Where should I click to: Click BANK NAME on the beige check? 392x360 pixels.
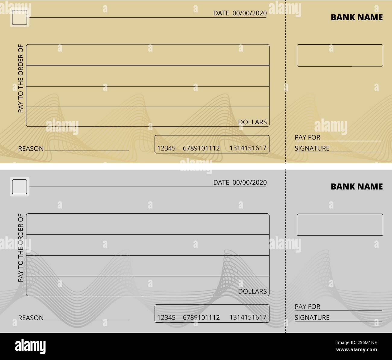click(x=356, y=17)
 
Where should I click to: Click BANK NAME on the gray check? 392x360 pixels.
click(x=356, y=186)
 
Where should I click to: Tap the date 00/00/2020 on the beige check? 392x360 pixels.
click(x=249, y=13)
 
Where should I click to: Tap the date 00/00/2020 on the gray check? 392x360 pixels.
click(x=249, y=182)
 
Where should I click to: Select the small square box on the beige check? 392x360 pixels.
click(x=19, y=18)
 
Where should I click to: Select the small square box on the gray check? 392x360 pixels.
click(x=19, y=187)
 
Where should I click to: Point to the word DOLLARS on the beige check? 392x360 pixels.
click(x=252, y=122)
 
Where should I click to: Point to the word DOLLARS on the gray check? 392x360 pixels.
click(x=252, y=291)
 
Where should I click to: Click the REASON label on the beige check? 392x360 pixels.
click(x=31, y=148)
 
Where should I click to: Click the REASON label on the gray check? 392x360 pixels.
click(x=31, y=318)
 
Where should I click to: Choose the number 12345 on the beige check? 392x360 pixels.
click(x=166, y=148)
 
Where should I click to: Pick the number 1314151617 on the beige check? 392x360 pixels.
click(x=248, y=148)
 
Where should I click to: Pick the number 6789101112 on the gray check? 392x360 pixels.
click(x=201, y=317)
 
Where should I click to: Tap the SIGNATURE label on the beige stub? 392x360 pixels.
click(x=312, y=148)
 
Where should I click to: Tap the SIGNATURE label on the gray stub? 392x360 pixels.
click(x=312, y=317)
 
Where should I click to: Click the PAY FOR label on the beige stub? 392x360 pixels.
click(x=307, y=137)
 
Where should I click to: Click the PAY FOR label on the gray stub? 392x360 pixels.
click(x=307, y=307)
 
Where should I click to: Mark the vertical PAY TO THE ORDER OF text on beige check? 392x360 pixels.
click(x=21, y=78)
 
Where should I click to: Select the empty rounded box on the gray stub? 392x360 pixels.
click(x=340, y=225)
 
